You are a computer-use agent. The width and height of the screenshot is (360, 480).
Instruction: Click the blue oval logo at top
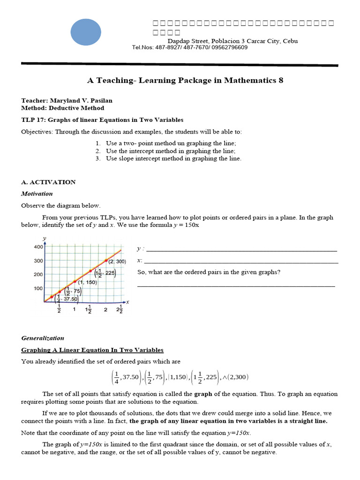[86, 32]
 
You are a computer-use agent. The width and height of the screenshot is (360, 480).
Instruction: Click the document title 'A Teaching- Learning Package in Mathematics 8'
[185, 80]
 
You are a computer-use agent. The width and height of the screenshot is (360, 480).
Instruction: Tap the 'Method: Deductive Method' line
[62, 108]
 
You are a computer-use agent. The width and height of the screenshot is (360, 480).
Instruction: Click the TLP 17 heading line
[102, 120]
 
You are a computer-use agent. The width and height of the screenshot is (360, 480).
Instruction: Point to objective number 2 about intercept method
[170, 151]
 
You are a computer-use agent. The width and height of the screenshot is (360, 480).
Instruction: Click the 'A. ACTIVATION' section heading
[48, 182]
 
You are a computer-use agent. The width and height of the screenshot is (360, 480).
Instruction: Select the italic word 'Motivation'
[37, 194]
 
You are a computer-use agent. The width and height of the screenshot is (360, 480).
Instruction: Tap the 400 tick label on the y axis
[38, 247]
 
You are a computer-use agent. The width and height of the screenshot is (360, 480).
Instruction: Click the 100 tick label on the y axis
[38, 288]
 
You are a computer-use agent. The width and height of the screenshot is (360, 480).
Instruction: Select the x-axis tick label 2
[105, 310]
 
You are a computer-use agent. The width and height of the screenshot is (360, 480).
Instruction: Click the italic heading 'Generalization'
[43, 338]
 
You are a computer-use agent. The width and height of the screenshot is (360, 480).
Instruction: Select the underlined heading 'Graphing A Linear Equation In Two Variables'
[92, 350]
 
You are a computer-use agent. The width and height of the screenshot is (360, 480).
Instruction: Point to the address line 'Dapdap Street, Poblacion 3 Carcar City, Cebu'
[232, 41]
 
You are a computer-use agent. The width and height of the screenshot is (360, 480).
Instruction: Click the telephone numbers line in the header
[190, 47]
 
